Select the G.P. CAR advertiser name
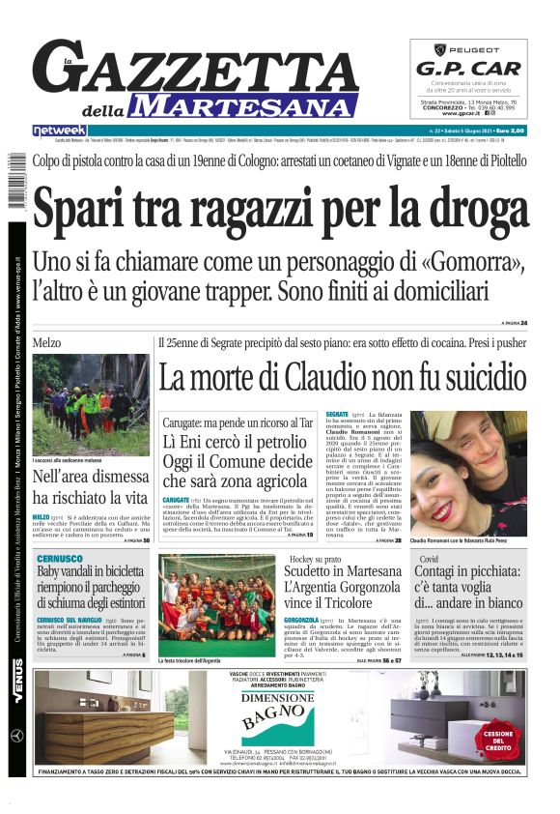point(468,69)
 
